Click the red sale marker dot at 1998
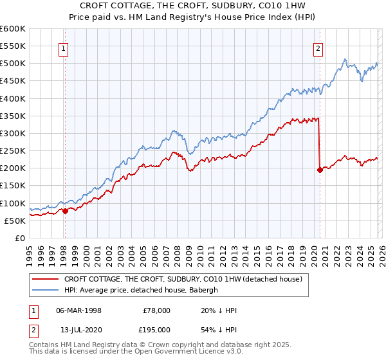(65, 211)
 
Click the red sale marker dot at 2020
(320, 170)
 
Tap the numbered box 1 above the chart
(65, 47)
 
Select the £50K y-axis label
(15, 221)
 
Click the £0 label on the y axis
(19, 238)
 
